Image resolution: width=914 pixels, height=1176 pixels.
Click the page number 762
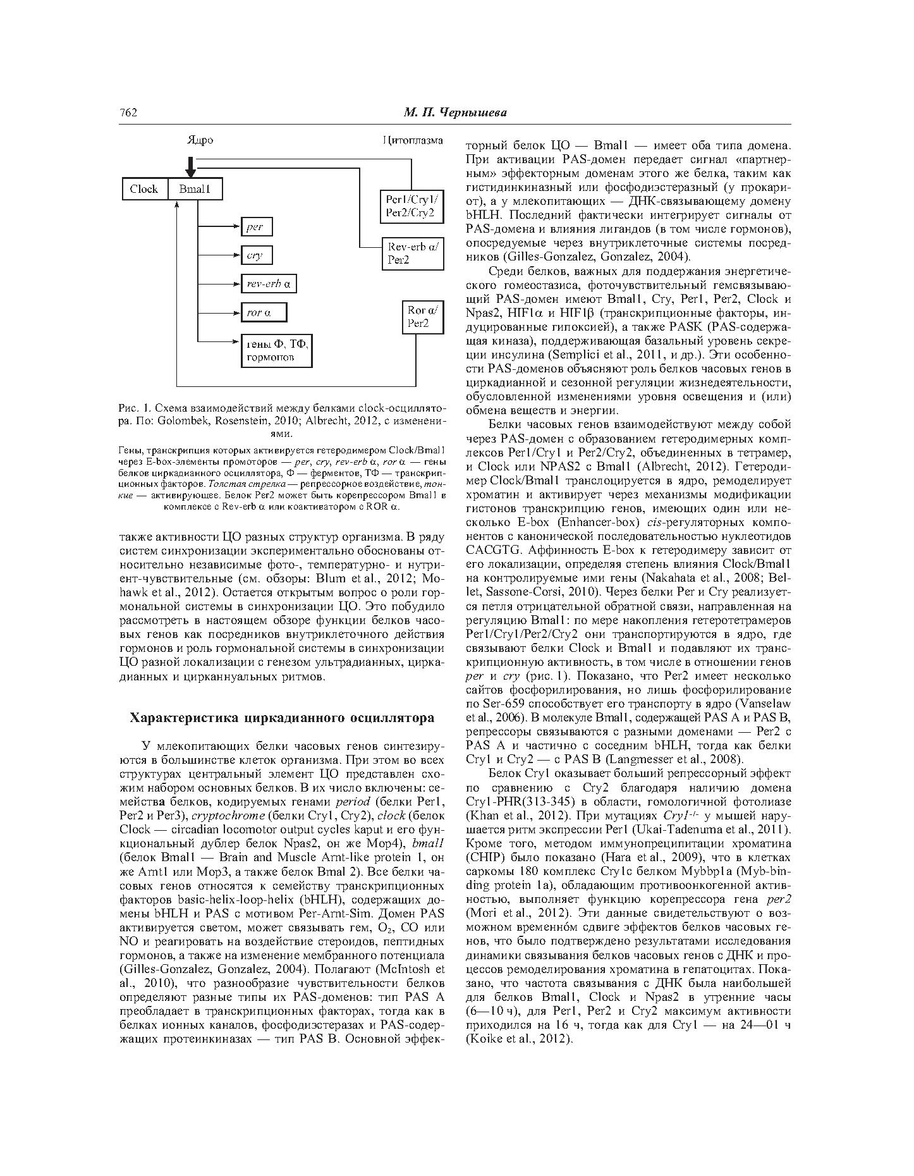(x=128, y=113)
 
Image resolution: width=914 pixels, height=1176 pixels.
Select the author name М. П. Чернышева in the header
(x=455, y=113)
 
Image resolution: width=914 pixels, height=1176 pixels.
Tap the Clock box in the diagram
(x=145, y=189)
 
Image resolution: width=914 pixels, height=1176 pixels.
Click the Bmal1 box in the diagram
(x=195, y=189)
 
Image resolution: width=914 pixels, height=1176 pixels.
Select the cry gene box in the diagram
(x=256, y=255)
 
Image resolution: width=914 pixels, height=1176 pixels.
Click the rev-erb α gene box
(x=269, y=284)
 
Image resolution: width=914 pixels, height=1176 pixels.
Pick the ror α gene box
(x=264, y=312)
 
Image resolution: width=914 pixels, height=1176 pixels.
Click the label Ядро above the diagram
(x=200, y=140)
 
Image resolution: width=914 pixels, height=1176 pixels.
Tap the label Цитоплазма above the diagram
(x=413, y=140)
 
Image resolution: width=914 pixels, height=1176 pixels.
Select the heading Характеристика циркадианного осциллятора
(x=282, y=718)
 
